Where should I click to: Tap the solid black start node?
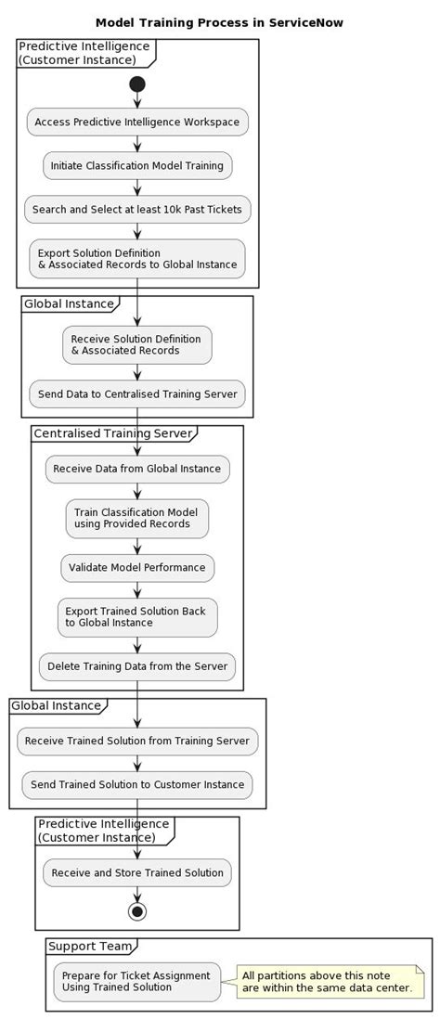point(137,84)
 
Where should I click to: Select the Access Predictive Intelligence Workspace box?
point(137,122)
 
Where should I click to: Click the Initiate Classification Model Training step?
point(137,165)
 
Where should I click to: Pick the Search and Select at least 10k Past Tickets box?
point(137,209)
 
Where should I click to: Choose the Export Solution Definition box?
point(137,259)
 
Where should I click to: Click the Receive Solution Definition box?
point(137,344)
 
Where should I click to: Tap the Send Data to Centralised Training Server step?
point(137,393)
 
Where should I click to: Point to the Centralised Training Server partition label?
point(113,433)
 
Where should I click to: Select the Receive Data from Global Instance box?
point(137,469)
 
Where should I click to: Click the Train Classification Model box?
point(137,518)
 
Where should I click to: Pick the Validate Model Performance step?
point(137,567)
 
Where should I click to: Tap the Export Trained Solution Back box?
point(137,617)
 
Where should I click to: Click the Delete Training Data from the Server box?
point(137,666)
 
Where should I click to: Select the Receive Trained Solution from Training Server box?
point(137,741)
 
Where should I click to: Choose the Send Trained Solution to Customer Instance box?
point(137,784)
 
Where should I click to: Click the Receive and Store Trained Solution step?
point(137,872)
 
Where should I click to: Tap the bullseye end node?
point(137,911)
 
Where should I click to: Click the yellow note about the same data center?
point(327,981)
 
